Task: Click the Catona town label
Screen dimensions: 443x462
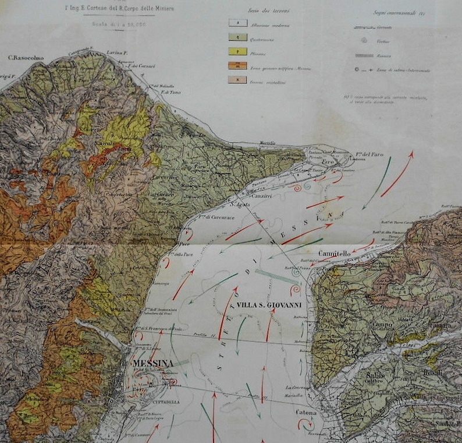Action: [309, 413]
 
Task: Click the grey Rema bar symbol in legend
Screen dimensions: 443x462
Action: [364, 55]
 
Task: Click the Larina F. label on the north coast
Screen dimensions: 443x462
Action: [117, 53]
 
